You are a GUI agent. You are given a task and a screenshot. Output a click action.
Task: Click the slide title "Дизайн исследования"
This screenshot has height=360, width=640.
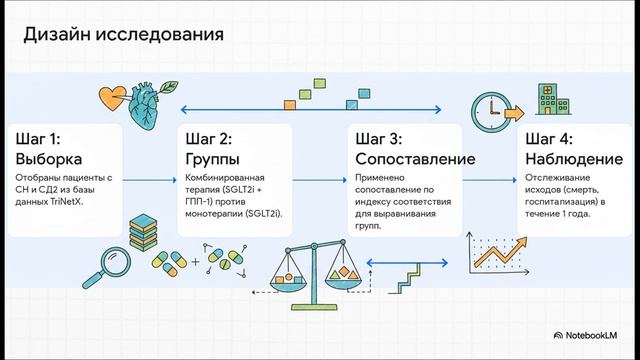point(123,37)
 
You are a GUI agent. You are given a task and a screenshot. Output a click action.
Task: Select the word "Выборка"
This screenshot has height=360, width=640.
point(49,159)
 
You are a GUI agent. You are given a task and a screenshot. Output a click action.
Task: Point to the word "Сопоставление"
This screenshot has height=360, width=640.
point(414,159)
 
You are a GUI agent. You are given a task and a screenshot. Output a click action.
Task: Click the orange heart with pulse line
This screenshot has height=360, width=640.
point(110,97)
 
